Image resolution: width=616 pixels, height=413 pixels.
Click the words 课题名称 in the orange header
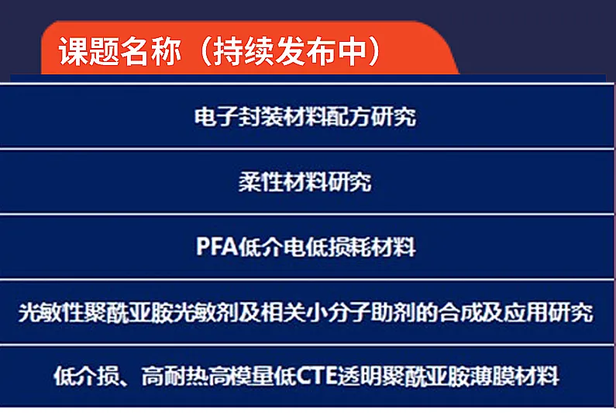point(120,51)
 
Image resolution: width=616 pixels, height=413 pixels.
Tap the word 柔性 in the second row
point(261,182)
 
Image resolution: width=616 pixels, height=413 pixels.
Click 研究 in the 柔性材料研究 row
point(349,182)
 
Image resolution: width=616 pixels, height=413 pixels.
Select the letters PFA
point(217,247)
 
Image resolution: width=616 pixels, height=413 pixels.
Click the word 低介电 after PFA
point(272,247)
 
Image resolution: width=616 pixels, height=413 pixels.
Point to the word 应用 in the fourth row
point(527,313)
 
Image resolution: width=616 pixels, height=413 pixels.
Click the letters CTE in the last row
point(317,377)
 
